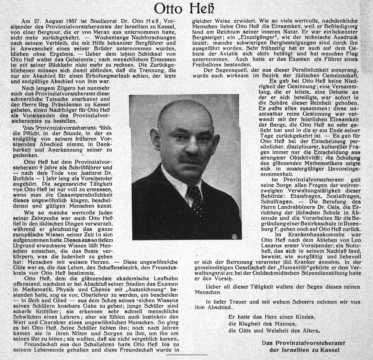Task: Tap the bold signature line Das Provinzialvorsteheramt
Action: pos(303,343)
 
